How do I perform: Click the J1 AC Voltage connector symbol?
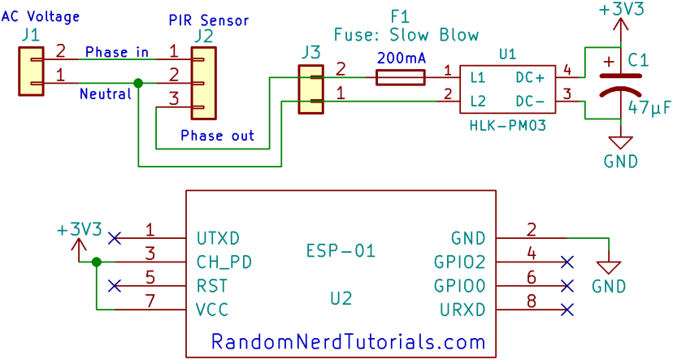31,72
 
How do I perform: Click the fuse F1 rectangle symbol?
400,77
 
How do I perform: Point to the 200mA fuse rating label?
401,59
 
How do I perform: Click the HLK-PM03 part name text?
507,126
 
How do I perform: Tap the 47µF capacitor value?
648,106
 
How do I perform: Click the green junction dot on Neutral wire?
138,83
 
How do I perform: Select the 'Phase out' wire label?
217,135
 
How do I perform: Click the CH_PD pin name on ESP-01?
224,262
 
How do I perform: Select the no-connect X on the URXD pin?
567,309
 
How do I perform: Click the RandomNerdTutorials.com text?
349,341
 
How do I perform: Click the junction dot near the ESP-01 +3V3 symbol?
97,262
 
